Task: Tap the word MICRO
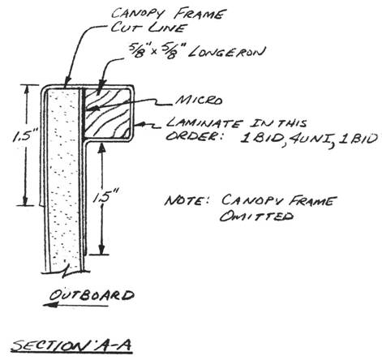click(200, 101)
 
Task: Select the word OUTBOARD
click(92, 295)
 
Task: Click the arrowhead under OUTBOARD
click(50, 305)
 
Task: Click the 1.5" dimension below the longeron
click(105, 197)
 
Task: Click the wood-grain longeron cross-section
click(107, 113)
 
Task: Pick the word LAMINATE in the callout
click(204, 124)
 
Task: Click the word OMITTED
click(256, 216)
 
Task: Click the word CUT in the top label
click(125, 28)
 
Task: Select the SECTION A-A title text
click(71, 345)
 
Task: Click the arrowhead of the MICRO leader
click(91, 109)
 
